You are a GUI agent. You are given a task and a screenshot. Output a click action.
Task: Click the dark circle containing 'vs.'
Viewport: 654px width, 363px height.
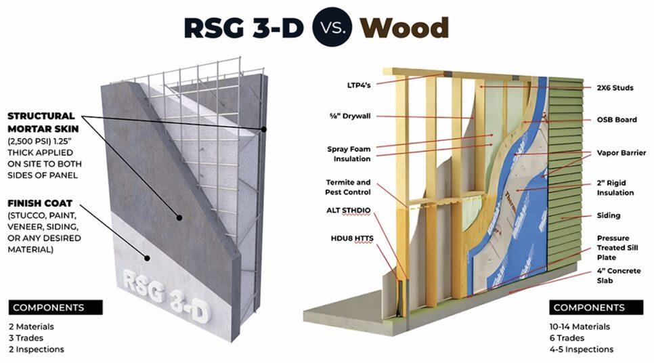click(332, 27)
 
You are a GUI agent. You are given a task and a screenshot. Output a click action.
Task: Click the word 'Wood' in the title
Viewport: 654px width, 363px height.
click(404, 28)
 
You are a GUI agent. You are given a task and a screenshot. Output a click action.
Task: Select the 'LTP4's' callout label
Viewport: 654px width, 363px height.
click(359, 85)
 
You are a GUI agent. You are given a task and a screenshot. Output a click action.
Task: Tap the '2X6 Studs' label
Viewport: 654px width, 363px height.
click(615, 87)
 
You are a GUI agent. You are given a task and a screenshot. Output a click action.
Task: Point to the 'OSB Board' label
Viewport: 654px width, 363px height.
click(617, 120)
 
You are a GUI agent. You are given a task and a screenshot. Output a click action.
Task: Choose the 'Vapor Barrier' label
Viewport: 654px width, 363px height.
click(621, 152)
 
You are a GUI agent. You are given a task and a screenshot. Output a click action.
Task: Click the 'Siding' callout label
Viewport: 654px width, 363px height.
click(608, 215)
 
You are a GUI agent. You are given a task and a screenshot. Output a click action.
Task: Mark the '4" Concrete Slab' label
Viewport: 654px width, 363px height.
click(618, 276)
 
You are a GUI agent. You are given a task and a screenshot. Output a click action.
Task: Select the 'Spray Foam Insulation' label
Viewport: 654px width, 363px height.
click(349, 154)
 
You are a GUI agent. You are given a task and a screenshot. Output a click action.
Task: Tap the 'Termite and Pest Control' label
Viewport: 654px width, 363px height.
click(348, 188)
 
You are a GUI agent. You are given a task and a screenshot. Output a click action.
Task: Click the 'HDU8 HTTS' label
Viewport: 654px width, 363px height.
click(352, 238)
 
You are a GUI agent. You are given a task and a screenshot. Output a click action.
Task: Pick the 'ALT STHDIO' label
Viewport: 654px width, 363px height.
click(348, 211)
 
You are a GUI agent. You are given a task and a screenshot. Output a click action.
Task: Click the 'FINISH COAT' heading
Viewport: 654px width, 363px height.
click(40, 204)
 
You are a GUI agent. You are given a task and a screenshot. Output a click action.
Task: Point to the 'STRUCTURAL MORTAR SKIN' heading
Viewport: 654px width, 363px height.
click(43, 123)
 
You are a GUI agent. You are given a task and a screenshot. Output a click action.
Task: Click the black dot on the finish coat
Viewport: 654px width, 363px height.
click(147, 258)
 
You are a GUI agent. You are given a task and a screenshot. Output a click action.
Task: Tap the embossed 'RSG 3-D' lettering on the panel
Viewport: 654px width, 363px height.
click(166, 297)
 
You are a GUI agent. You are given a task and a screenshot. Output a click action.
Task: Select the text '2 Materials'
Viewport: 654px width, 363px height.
click(31, 326)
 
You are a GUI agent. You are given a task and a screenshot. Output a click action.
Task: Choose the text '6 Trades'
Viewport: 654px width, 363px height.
click(567, 338)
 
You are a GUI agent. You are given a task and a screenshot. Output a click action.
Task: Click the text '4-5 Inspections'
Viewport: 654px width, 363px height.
click(582, 349)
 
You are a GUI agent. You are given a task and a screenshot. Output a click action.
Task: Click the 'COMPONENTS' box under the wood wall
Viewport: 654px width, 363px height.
click(596, 307)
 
